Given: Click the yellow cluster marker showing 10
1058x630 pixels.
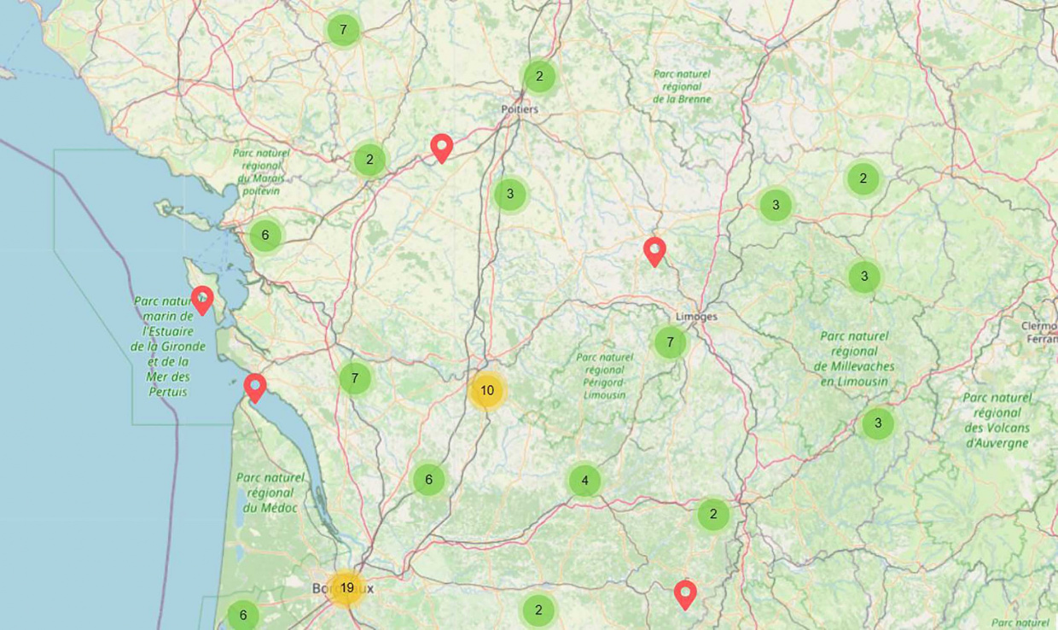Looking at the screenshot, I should click(x=486, y=391).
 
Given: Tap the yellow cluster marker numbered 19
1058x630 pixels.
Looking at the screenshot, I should click(x=346, y=588).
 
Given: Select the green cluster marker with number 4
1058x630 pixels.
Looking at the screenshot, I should click(x=584, y=481).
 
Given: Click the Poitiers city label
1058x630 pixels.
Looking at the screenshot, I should click(x=520, y=109).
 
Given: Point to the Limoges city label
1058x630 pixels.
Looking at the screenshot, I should click(x=696, y=317).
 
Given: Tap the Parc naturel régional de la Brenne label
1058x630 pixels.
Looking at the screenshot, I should click(x=682, y=86).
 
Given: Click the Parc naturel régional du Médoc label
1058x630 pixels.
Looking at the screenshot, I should click(x=270, y=493).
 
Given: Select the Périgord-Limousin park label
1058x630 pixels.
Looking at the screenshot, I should click(x=604, y=376).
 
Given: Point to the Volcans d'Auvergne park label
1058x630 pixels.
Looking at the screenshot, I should click(x=997, y=420).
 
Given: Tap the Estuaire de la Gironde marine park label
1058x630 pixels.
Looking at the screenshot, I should click(x=168, y=346).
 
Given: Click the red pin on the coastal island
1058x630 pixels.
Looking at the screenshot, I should click(x=202, y=299).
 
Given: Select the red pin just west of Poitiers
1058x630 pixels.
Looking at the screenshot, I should click(x=441, y=148).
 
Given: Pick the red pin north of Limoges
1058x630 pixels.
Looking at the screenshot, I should click(x=654, y=251).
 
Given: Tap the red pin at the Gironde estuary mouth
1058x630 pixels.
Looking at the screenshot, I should click(x=254, y=387).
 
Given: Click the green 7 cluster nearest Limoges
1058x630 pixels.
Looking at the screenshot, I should click(x=670, y=342).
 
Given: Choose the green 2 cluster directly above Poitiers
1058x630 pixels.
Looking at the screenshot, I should click(x=539, y=77).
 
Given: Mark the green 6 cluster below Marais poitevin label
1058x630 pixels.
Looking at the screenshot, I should click(x=265, y=236).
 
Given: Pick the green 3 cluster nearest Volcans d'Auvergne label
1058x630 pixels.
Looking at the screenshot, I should click(x=877, y=423).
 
